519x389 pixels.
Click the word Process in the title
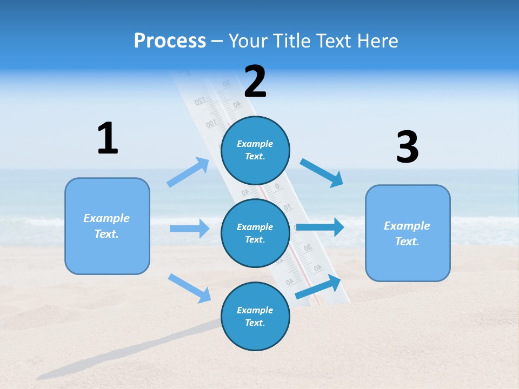pyautogui.click(x=170, y=41)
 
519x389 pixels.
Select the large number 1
pyautogui.click(x=108, y=138)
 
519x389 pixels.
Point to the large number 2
pyautogui.click(x=255, y=82)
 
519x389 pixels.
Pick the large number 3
pyautogui.click(x=407, y=147)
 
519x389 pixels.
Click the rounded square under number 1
pyautogui.click(x=107, y=226)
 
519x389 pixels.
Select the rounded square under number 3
pyautogui.click(x=408, y=233)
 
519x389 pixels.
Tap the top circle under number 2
pyautogui.click(x=255, y=150)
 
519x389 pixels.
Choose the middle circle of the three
pyautogui.click(x=255, y=233)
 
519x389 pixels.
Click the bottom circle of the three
pyautogui.click(x=255, y=316)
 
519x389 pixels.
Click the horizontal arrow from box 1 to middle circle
pyautogui.click(x=189, y=229)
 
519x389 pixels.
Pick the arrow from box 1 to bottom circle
pyautogui.click(x=189, y=288)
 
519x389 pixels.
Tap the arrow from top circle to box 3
pyautogui.click(x=322, y=173)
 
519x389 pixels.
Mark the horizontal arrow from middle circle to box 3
pyautogui.click(x=320, y=227)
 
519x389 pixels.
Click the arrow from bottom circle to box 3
pyautogui.click(x=318, y=287)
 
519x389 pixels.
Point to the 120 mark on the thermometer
pyautogui.click(x=199, y=101)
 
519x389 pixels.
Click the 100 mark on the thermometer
pyautogui.click(x=210, y=124)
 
